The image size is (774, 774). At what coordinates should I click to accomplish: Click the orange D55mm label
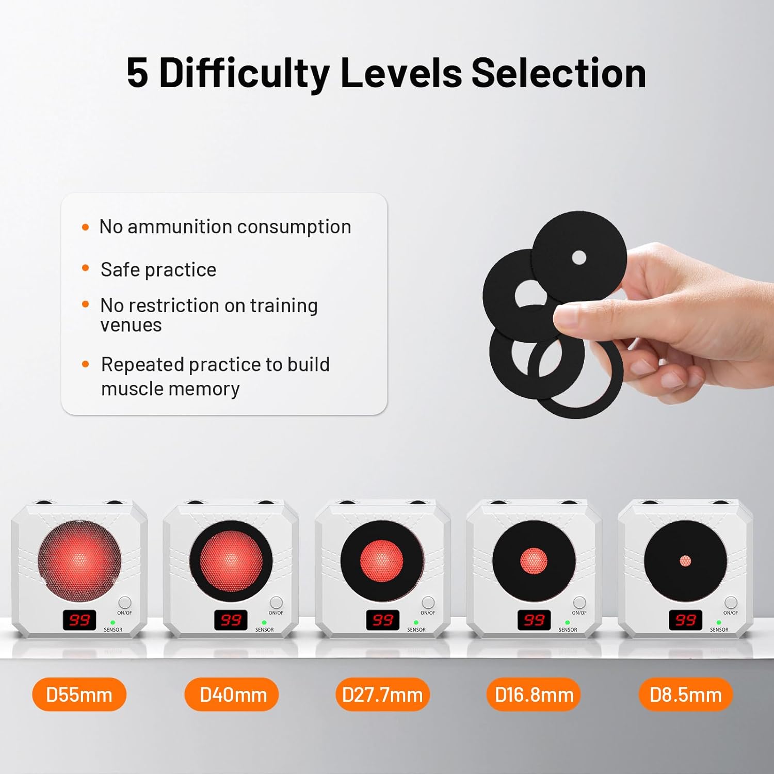pos(79,695)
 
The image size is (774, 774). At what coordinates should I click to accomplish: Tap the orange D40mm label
pos(232,695)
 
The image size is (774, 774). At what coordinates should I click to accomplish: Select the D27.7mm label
pos(382,695)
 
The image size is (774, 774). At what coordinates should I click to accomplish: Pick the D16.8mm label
pos(534,695)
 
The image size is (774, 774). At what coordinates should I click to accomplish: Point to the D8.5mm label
pos(685,695)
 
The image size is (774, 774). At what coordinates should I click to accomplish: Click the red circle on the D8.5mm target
pos(685,561)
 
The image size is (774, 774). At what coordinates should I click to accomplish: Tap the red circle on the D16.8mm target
pos(534,561)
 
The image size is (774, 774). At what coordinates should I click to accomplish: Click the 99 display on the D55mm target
pos(79,620)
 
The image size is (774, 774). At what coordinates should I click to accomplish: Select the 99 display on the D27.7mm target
pos(382,620)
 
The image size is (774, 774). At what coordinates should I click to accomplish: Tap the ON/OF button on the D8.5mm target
pos(731,603)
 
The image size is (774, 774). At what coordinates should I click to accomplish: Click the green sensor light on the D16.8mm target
pos(568,623)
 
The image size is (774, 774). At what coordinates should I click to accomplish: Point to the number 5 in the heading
pos(137,73)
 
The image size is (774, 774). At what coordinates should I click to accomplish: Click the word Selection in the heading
pos(558,73)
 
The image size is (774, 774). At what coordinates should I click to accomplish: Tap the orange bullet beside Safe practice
pos(86,268)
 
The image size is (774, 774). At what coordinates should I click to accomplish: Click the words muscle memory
pos(170,389)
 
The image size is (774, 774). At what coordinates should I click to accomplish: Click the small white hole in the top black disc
pos(579,257)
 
